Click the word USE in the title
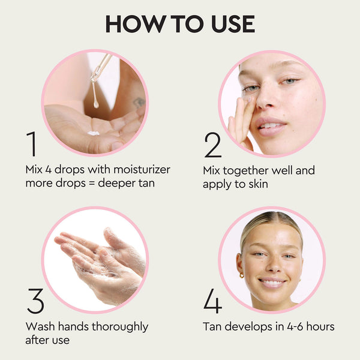point(231,23)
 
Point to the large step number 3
point(35,302)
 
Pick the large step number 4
point(212,302)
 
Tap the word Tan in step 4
point(212,327)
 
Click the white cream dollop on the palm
point(93,133)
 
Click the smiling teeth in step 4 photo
point(272,281)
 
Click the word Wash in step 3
point(39,327)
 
